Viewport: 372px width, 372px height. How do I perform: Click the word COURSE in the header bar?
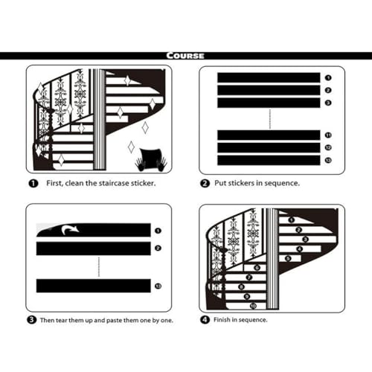tap(185, 56)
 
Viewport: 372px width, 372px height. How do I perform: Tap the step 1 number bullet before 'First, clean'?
tap(33, 184)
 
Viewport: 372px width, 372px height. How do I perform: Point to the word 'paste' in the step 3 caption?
tap(114, 321)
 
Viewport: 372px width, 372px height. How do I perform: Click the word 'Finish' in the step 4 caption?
tap(222, 320)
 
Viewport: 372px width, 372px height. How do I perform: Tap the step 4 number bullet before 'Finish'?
tap(205, 320)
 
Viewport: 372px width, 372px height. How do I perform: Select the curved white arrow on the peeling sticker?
tap(70, 230)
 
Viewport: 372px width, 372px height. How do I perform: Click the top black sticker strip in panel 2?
tap(269, 77)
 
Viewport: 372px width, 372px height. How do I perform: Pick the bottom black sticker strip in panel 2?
tap(269, 160)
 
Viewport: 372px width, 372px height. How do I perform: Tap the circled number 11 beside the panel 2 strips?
tap(328, 135)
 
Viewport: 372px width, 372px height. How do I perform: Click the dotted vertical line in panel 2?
tap(270, 119)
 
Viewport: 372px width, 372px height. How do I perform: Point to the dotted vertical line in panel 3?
tap(99, 267)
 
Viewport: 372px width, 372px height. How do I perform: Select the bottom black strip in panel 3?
tap(94, 286)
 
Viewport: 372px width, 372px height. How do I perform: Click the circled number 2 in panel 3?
tap(158, 248)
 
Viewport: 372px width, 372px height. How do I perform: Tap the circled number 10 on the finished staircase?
tap(253, 306)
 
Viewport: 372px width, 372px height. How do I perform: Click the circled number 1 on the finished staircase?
tap(292, 219)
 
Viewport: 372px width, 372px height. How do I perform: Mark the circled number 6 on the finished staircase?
tap(257, 268)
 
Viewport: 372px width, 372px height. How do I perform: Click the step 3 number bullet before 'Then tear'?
tap(31, 320)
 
